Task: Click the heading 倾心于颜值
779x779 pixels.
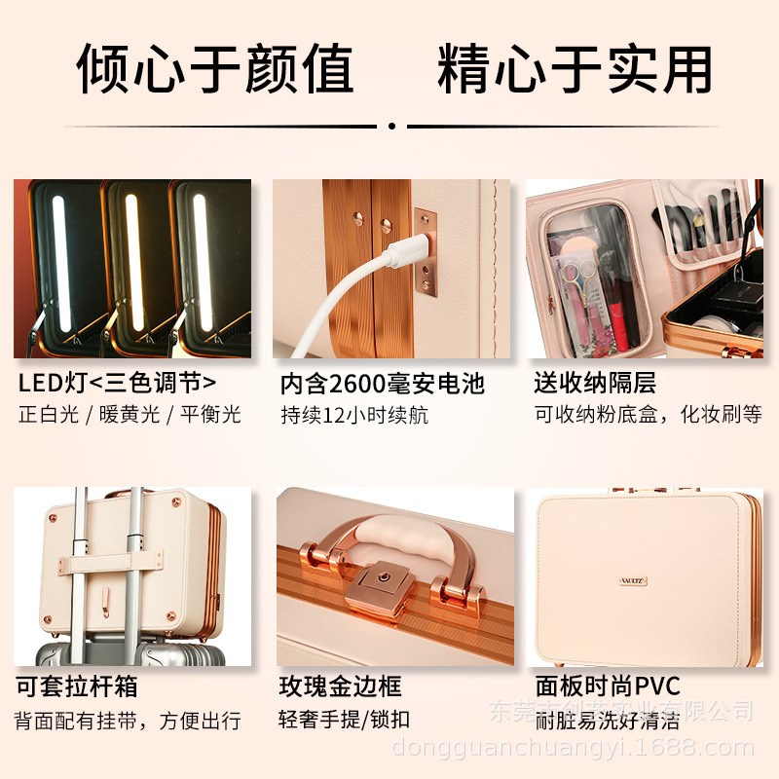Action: coord(215,68)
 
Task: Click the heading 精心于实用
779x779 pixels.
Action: coord(575,68)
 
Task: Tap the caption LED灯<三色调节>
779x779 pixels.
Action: coord(117,381)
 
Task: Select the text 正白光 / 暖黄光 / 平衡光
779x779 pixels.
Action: coord(129,414)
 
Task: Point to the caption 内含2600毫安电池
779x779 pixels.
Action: coord(382,382)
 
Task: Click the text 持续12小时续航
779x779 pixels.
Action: coord(353,415)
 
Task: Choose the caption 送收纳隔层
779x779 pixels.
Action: coord(595,382)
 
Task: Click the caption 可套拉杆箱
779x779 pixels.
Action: coord(77,686)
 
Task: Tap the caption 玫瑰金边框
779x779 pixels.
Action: coord(340,686)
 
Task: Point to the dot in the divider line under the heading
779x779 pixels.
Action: coord(390,126)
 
